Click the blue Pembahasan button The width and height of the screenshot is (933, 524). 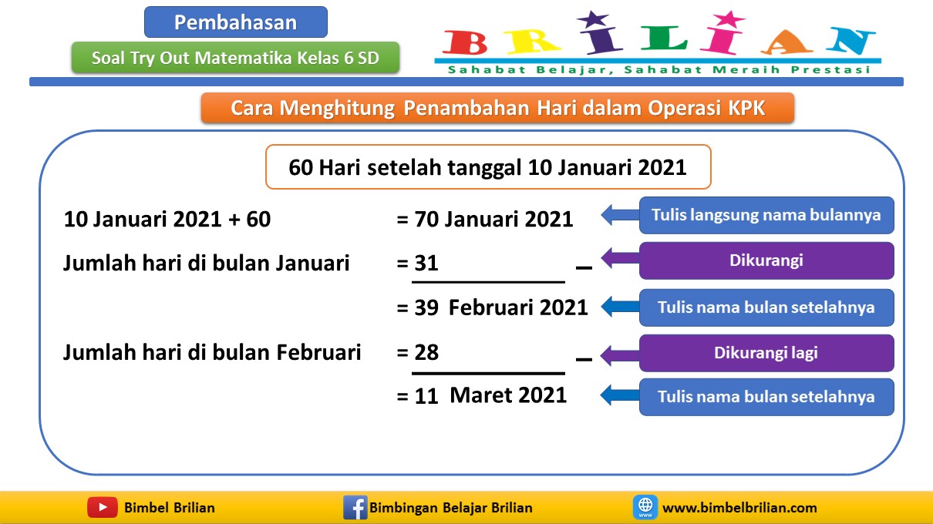coord(235,22)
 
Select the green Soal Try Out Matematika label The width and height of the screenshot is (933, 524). coord(235,58)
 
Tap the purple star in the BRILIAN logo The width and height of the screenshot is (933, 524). coord(591,21)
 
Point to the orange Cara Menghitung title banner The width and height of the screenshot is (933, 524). coord(497,108)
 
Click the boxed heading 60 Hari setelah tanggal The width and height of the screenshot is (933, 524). coord(487,167)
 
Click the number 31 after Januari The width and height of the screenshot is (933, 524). coord(426,264)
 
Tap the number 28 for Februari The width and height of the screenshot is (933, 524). coord(426,353)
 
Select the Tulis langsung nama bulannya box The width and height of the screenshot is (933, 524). coord(766,215)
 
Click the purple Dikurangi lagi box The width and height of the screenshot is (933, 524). coord(766,353)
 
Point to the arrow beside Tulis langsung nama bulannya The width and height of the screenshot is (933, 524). coord(618,215)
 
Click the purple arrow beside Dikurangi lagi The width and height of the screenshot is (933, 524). coord(618,354)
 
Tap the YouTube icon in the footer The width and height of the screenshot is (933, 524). coord(102,507)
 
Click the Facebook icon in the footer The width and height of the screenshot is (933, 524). coord(355,507)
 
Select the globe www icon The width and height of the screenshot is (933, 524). coord(645,507)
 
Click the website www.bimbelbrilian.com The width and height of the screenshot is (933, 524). coord(739,508)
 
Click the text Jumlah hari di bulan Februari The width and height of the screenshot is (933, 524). coord(212,353)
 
